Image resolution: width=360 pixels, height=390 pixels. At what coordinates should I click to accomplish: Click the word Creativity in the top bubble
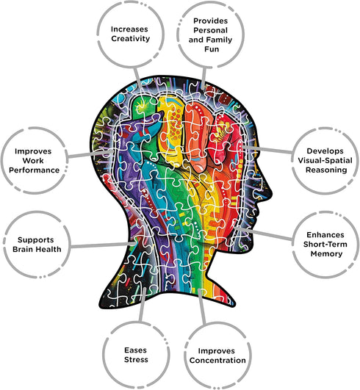point(130,39)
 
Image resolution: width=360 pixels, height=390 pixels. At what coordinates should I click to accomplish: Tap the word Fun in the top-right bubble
point(212,49)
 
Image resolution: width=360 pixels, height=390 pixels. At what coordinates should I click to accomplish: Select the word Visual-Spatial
point(325,160)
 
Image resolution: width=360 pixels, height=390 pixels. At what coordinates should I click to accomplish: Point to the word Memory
point(326,254)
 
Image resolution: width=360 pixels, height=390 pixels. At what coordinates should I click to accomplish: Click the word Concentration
point(217,361)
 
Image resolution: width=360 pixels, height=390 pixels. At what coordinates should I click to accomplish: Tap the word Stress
point(136,360)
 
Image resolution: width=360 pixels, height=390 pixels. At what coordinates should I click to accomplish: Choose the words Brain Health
point(37,249)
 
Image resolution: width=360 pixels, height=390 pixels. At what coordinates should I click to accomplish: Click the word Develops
point(325,151)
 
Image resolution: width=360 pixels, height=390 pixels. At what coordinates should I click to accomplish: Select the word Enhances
point(325,235)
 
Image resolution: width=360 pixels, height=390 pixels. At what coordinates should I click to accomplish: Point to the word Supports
point(35,240)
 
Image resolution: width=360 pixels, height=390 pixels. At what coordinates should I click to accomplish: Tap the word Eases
point(135,350)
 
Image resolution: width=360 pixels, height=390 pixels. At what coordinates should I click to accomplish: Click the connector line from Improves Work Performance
point(91,154)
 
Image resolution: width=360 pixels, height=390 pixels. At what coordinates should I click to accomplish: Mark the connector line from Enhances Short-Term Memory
point(263,234)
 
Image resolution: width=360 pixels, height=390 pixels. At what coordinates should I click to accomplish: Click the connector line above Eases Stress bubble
point(143,305)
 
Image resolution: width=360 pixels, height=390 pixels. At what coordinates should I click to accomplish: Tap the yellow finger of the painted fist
point(171,129)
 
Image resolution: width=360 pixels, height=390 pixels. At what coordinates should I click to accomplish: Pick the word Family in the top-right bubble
point(219,40)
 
